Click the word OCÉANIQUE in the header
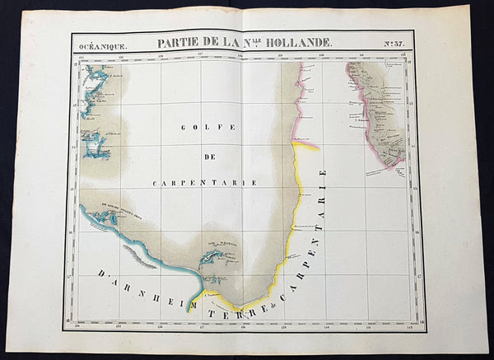(104, 47)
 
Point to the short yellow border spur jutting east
(306, 146)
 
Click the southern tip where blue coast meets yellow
(190, 302)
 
